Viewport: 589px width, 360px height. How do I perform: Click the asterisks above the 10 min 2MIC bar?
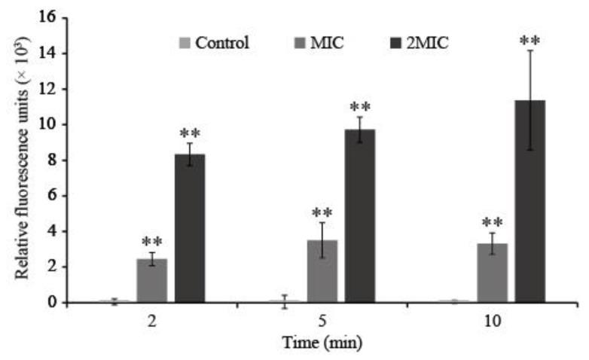pos(529,39)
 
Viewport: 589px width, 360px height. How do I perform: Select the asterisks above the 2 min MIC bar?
pos(151,243)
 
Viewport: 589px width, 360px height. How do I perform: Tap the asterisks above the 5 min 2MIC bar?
pos(359,106)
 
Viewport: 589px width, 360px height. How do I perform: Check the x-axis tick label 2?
pos(151,319)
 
